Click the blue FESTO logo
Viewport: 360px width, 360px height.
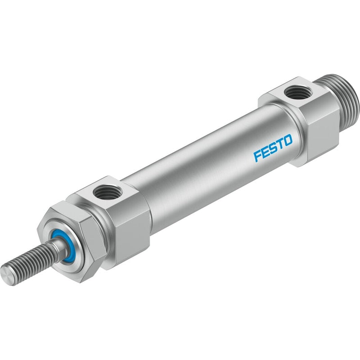(273, 148)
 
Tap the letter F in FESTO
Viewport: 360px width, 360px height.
(257, 156)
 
